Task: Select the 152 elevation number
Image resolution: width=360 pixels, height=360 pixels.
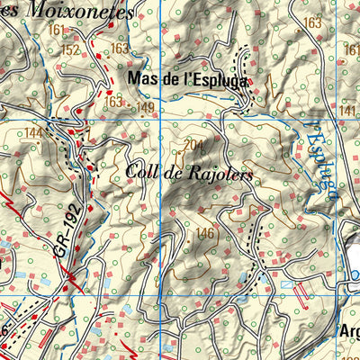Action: click(x=72, y=49)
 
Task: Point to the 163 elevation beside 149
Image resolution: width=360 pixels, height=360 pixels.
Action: click(x=112, y=103)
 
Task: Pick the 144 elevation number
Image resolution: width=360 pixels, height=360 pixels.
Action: click(x=34, y=133)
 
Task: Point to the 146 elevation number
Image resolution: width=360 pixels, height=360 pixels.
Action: click(x=205, y=234)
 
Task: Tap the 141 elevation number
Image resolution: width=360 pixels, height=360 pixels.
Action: click(x=349, y=110)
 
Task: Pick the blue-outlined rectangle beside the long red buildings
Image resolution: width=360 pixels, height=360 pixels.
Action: click(x=286, y=283)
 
